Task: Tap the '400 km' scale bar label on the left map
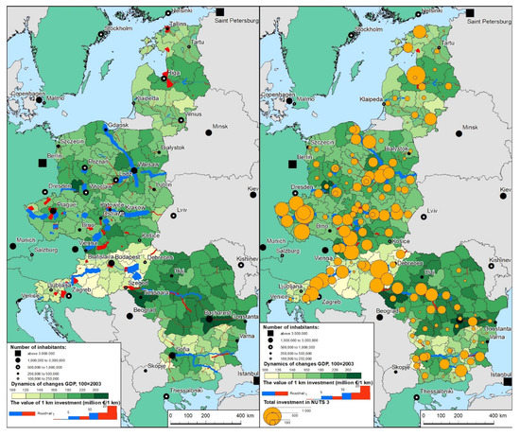(x=244, y=416)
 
